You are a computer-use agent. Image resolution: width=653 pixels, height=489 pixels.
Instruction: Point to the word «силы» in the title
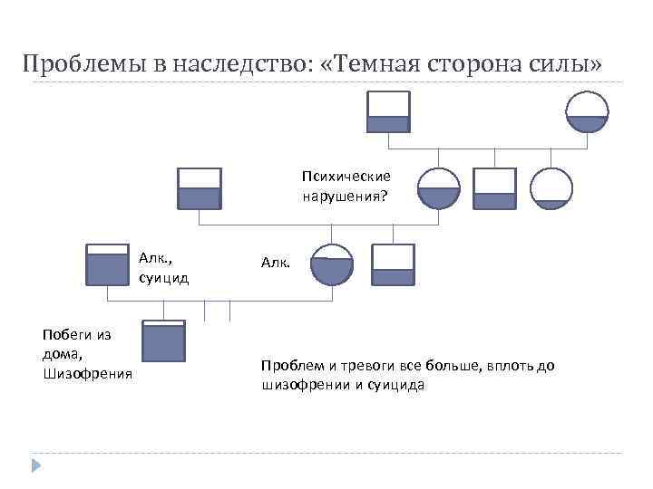pos(566,64)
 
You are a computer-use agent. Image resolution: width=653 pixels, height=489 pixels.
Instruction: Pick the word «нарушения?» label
pos(345,193)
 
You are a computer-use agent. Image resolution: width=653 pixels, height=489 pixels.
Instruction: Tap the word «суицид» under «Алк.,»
pos(164,277)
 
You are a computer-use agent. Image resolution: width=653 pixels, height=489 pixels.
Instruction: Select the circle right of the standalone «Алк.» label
pos(332,264)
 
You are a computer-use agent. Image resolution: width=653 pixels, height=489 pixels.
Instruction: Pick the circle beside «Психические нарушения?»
pos(439,188)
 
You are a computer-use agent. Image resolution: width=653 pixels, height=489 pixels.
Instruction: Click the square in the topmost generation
pos(388,112)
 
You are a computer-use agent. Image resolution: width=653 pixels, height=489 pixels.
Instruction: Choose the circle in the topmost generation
pos(587,112)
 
